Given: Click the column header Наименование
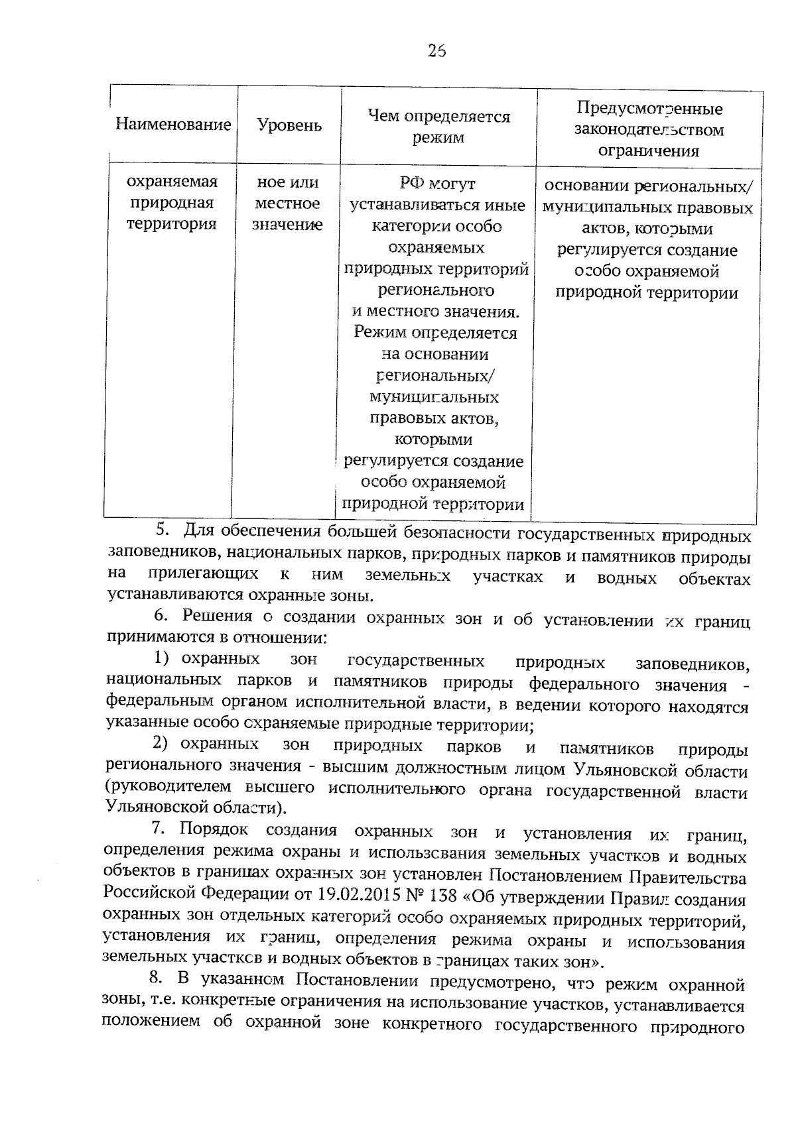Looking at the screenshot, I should pyautogui.click(x=173, y=125).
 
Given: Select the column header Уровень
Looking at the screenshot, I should pyautogui.click(x=289, y=125).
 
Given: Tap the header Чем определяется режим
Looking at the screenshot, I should pyautogui.click(x=438, y=127).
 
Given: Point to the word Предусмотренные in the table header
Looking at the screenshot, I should pyautogui.click(x=649, y=109).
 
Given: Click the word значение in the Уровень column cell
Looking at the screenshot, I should pyautogui.click(x=287, y=225).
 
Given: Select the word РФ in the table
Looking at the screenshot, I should pyautogui.click(x=411, y=184).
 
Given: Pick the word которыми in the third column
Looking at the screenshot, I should pyautogui.click(x=433, y=440).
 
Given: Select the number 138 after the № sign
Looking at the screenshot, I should pyautogui.click(x=440, y=896).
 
